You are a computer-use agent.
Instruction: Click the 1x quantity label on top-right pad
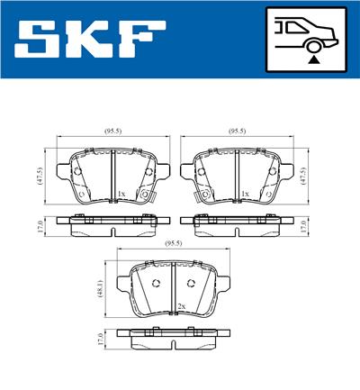coord(245,194)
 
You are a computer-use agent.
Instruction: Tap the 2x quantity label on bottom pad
coord(181,306)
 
